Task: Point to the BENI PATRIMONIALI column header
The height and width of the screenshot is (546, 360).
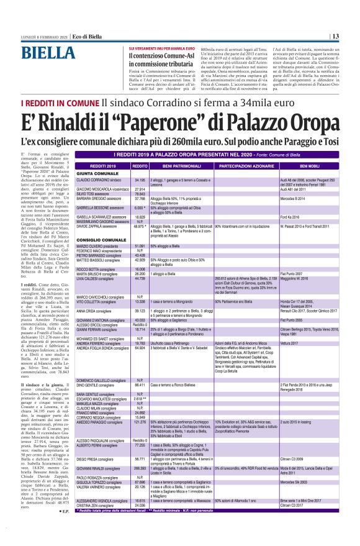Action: click(x=180, y=149)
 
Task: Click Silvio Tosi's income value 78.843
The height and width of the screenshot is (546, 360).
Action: click(x=140, y=176)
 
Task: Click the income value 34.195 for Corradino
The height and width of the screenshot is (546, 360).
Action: click(x=140, y=162)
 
